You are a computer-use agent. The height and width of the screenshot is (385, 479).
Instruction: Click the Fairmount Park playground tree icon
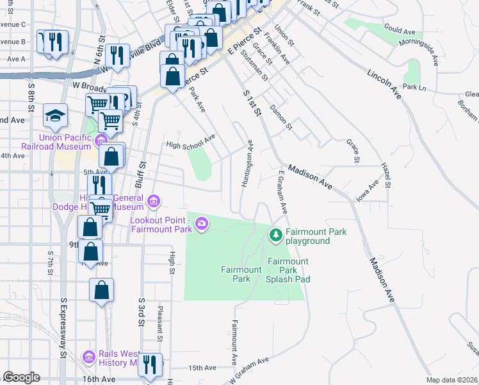(x=276, y=235)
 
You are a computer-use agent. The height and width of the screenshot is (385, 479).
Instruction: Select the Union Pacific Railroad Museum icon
(x=100, y=141)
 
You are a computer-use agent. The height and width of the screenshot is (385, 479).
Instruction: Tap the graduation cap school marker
(x=56, y=116)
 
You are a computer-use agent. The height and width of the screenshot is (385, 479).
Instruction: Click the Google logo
(x=21, y=377)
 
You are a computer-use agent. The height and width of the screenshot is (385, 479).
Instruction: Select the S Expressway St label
(x=63, y=327)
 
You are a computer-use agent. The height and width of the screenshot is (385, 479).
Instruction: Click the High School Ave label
(x=190, y=144)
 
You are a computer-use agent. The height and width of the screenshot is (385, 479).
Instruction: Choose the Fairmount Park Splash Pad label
(x=288, y=270)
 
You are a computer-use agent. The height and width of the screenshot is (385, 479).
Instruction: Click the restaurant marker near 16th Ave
(x=150, y=365)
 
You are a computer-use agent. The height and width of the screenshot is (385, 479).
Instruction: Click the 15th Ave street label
(x=202, y=368)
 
